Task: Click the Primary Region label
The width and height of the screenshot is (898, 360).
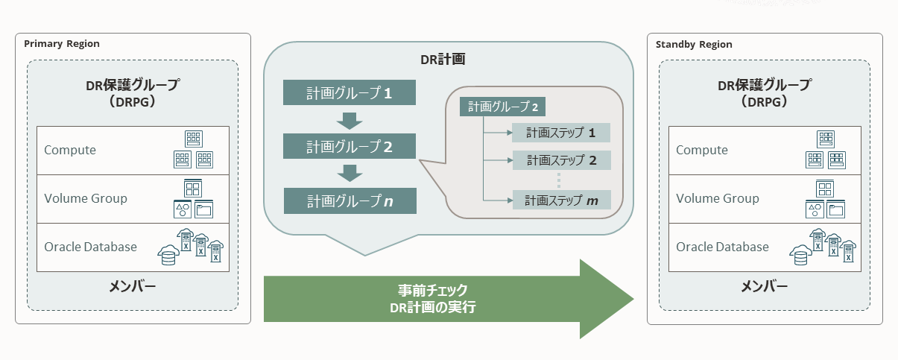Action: point(62,44)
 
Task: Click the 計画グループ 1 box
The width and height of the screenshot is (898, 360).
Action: point(350,93)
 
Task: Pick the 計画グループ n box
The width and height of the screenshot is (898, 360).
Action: point(350,200)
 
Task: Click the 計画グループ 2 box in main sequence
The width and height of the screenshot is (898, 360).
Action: point(350,147)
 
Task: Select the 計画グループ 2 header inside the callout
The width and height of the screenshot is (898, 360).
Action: point(503,107)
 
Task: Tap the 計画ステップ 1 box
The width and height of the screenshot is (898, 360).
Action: point(561,133)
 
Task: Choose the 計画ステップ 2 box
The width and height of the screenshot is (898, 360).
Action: point(561,160)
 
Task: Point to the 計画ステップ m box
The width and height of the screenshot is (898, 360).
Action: point(561,200)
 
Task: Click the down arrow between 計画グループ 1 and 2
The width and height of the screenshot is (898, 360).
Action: point(350,119)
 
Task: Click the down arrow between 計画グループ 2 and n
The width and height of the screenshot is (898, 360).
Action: point(350,173)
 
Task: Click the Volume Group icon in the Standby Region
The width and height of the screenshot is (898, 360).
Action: point(825,199)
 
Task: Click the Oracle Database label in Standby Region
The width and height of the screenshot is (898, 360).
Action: point(721,247)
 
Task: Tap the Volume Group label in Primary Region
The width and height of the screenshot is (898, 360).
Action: point(85,198)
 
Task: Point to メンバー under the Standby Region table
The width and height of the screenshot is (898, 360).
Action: point(765,287)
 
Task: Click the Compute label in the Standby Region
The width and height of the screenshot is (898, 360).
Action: point(701,150)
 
